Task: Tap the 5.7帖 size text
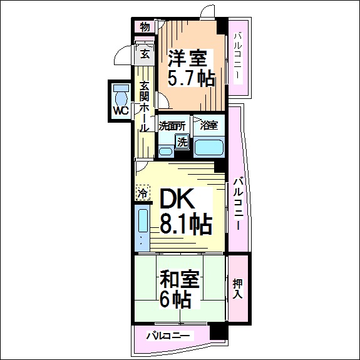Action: [x=191, y=78]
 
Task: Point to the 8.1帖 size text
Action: [x=185, y=223]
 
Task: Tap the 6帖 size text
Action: [x=176, y=299]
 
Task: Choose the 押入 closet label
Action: [x=237, y=287]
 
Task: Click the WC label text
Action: [x=120, y=110]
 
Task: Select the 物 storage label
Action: [x=145, y=27]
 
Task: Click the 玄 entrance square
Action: [x=145, y=54]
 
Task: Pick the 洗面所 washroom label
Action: [x=172, y=125]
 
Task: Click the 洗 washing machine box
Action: [x=182, y=141]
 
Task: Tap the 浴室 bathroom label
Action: [x=209, y=125]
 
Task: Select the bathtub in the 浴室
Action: [x=208, y=148]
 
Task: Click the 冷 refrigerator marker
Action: [x=142, y=194]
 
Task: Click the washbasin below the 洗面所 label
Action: [x=165, y=150]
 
